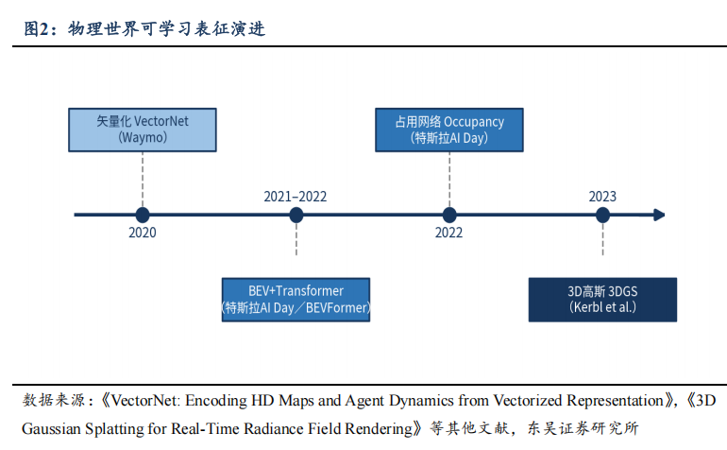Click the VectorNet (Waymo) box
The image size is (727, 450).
click(x=143, y=130)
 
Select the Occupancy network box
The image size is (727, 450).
click(x=449, y=130)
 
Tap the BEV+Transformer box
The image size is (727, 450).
click(x=296, y=300)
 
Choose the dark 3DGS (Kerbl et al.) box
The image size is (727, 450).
click(x=602, y=300)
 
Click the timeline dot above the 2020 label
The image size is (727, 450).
click(x=143, y=215)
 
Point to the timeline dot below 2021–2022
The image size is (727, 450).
click(x=296, y=215)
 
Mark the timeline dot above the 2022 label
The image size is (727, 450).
click(x=449, y=215)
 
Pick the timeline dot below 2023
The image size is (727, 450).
click(x=602, y=215)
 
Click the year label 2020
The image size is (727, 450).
click(x=143, y=233)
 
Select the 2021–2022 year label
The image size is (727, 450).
click(x=296, y=197)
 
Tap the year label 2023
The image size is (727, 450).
click(x=602, y=197)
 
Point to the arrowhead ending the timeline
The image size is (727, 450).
click(x=659, y=215)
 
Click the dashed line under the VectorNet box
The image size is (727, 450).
click(x=143, y=180)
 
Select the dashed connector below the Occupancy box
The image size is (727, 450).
click(x=449, y=180)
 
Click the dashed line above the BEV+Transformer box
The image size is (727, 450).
click(x=296, y=239)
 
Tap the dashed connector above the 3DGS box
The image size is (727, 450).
click(x=602, y=239)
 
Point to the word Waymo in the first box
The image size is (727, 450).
click(x=143, y=137)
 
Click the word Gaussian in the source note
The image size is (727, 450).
click(x=52, y=428)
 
